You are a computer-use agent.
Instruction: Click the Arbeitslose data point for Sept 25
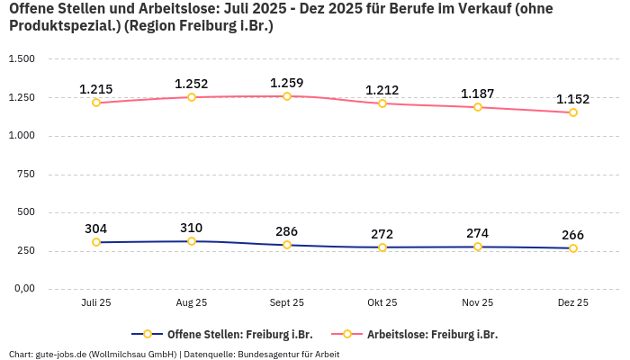coord(287,96)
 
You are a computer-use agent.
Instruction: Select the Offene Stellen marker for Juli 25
coord(96,242)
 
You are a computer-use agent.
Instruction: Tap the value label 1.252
coord(192,84)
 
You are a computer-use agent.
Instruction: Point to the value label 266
coord(573,235)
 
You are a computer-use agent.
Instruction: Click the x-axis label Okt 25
coord(382,303)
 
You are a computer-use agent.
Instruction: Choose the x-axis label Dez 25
coord(573,303)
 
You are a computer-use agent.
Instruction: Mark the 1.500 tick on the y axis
coord(22,59)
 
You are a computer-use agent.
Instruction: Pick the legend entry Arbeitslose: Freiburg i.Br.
coord(432,334)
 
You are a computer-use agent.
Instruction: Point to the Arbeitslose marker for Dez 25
coord(573,112)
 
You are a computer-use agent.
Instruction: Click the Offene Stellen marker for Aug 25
coord(192,241)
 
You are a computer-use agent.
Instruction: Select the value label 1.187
coord(478,94)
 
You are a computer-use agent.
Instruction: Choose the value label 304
coord(96,229)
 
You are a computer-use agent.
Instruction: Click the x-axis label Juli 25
coord(96,303)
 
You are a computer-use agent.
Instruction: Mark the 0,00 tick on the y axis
coord(23,289)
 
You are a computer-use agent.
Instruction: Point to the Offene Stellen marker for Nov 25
coord(478,247)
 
